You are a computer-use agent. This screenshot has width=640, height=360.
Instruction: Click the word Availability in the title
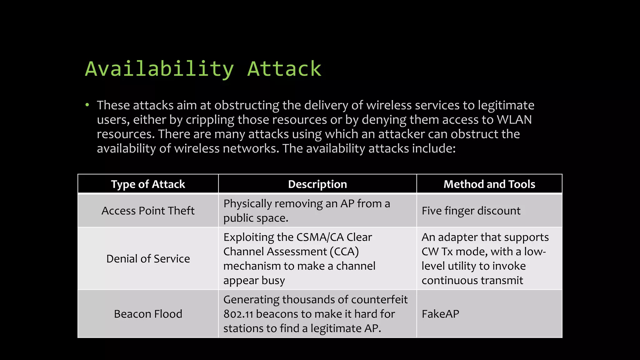159,69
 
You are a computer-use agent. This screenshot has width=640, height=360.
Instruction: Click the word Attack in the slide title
284,69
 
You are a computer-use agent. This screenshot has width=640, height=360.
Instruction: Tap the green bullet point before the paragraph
87,105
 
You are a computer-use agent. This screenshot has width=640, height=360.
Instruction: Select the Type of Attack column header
148,184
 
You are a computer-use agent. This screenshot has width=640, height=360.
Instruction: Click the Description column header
317,184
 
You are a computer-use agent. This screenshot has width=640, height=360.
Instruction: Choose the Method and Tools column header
489,184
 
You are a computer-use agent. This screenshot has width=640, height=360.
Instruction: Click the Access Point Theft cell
148,211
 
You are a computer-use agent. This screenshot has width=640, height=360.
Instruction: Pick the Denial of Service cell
148,259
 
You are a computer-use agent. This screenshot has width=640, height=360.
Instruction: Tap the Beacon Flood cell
148,314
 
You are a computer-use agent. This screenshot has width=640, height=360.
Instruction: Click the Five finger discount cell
471,211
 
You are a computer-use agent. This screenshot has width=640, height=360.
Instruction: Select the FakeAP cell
440,314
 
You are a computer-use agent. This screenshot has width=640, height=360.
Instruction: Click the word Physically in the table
247,204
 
